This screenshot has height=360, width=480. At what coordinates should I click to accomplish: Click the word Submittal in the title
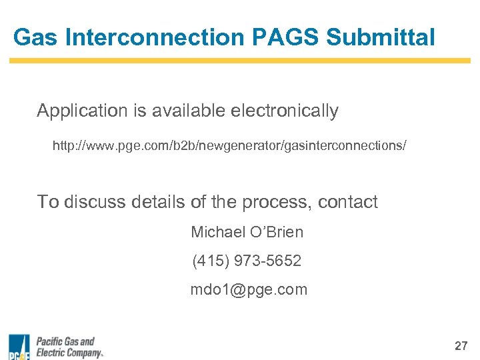tap(380, 37)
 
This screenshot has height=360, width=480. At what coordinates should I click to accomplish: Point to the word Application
tap(81, 111)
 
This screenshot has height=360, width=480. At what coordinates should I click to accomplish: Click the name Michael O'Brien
tap(247, 232)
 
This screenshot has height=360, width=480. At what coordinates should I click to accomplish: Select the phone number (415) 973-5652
tap(247, 261)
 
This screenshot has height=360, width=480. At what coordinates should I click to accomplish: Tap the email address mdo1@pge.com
tap(249, 290)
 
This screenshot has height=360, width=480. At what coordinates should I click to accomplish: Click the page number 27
tap(461, 346)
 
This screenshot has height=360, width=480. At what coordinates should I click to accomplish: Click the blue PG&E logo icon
tap(19, 347)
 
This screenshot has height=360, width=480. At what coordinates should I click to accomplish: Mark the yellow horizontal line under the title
tap(240, 61)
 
